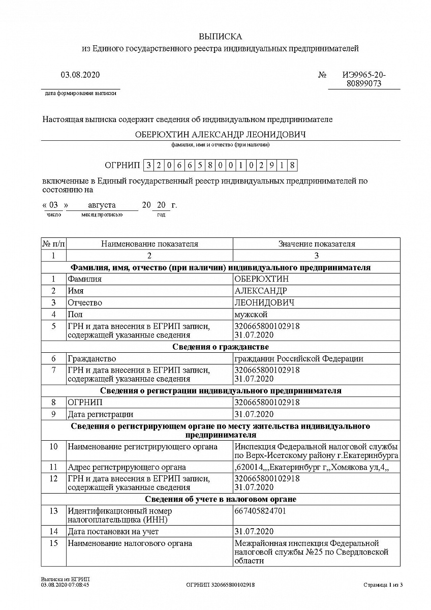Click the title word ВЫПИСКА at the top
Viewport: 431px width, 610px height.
[x=220, y=37]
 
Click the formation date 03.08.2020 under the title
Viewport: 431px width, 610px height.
[x=80, y=75]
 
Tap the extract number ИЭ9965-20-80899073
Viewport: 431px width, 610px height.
[x=363, y=79]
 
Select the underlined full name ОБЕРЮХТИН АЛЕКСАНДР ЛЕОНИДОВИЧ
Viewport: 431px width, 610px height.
[x=220, y=135]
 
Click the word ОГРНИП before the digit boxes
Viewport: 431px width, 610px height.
[x=122, y=165]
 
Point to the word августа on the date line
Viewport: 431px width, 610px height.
[x=102, y=205]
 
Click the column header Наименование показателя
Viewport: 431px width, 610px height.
[x=149, y=244]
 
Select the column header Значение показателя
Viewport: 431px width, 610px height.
[x=316, y=244]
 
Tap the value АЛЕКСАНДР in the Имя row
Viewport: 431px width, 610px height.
[x=260, y=291]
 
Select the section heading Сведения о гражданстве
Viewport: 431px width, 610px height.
[x=220, y=347]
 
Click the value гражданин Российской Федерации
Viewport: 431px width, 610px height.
[x=299, y=359]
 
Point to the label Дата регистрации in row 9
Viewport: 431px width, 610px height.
[x=101, y=414]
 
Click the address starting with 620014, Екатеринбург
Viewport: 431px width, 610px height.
[x=311, y=467]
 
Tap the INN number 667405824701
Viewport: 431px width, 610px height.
[x=260, y=511]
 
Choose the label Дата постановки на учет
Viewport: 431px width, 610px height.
[x=113, y=532]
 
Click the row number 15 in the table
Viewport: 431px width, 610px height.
[x=53, y=543]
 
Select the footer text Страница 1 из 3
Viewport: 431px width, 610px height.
[x=383, y=585]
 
